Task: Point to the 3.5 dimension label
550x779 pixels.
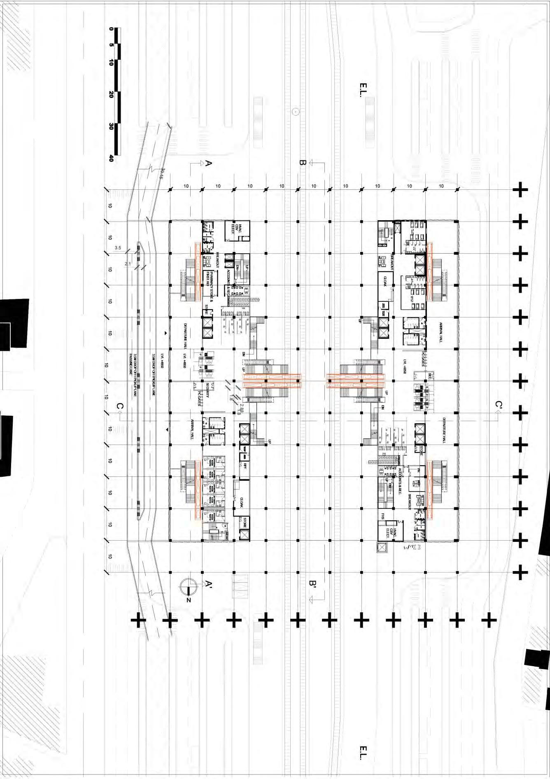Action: [118, 248]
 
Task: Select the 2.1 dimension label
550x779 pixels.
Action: [128, 264]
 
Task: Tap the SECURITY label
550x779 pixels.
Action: [208, 389]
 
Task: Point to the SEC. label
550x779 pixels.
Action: [430, 376]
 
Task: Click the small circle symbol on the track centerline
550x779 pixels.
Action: [295, 111]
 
